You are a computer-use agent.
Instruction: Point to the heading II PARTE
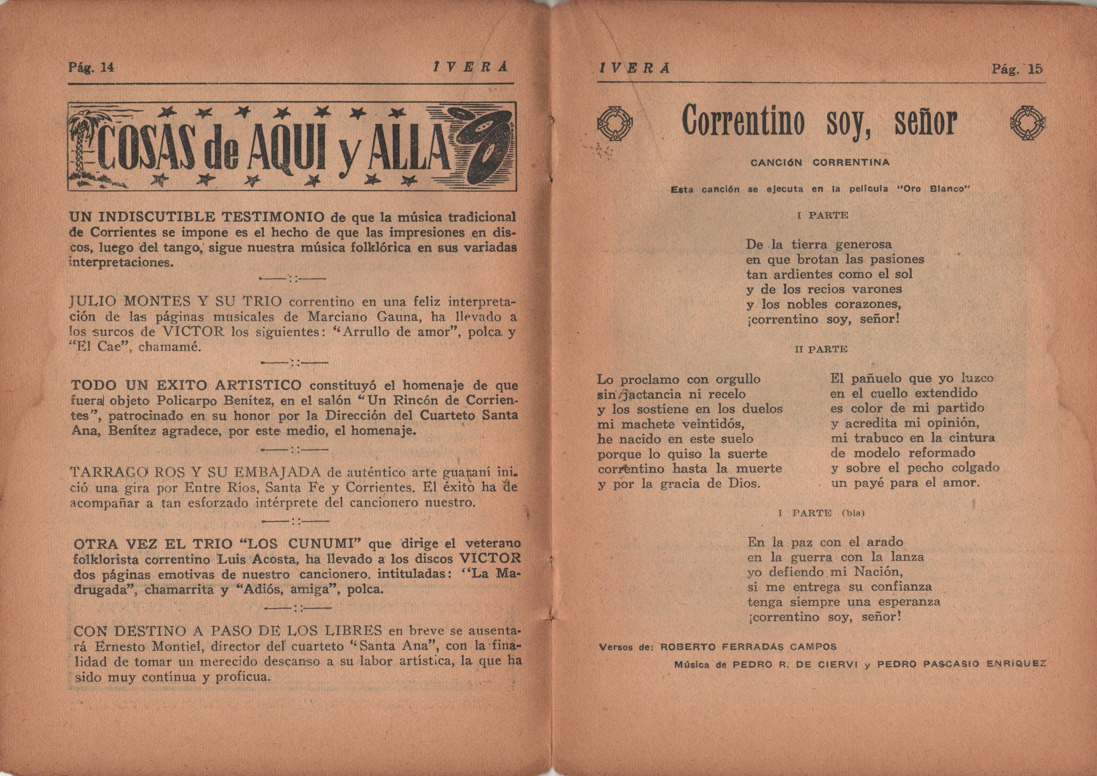(x=821, y=349)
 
